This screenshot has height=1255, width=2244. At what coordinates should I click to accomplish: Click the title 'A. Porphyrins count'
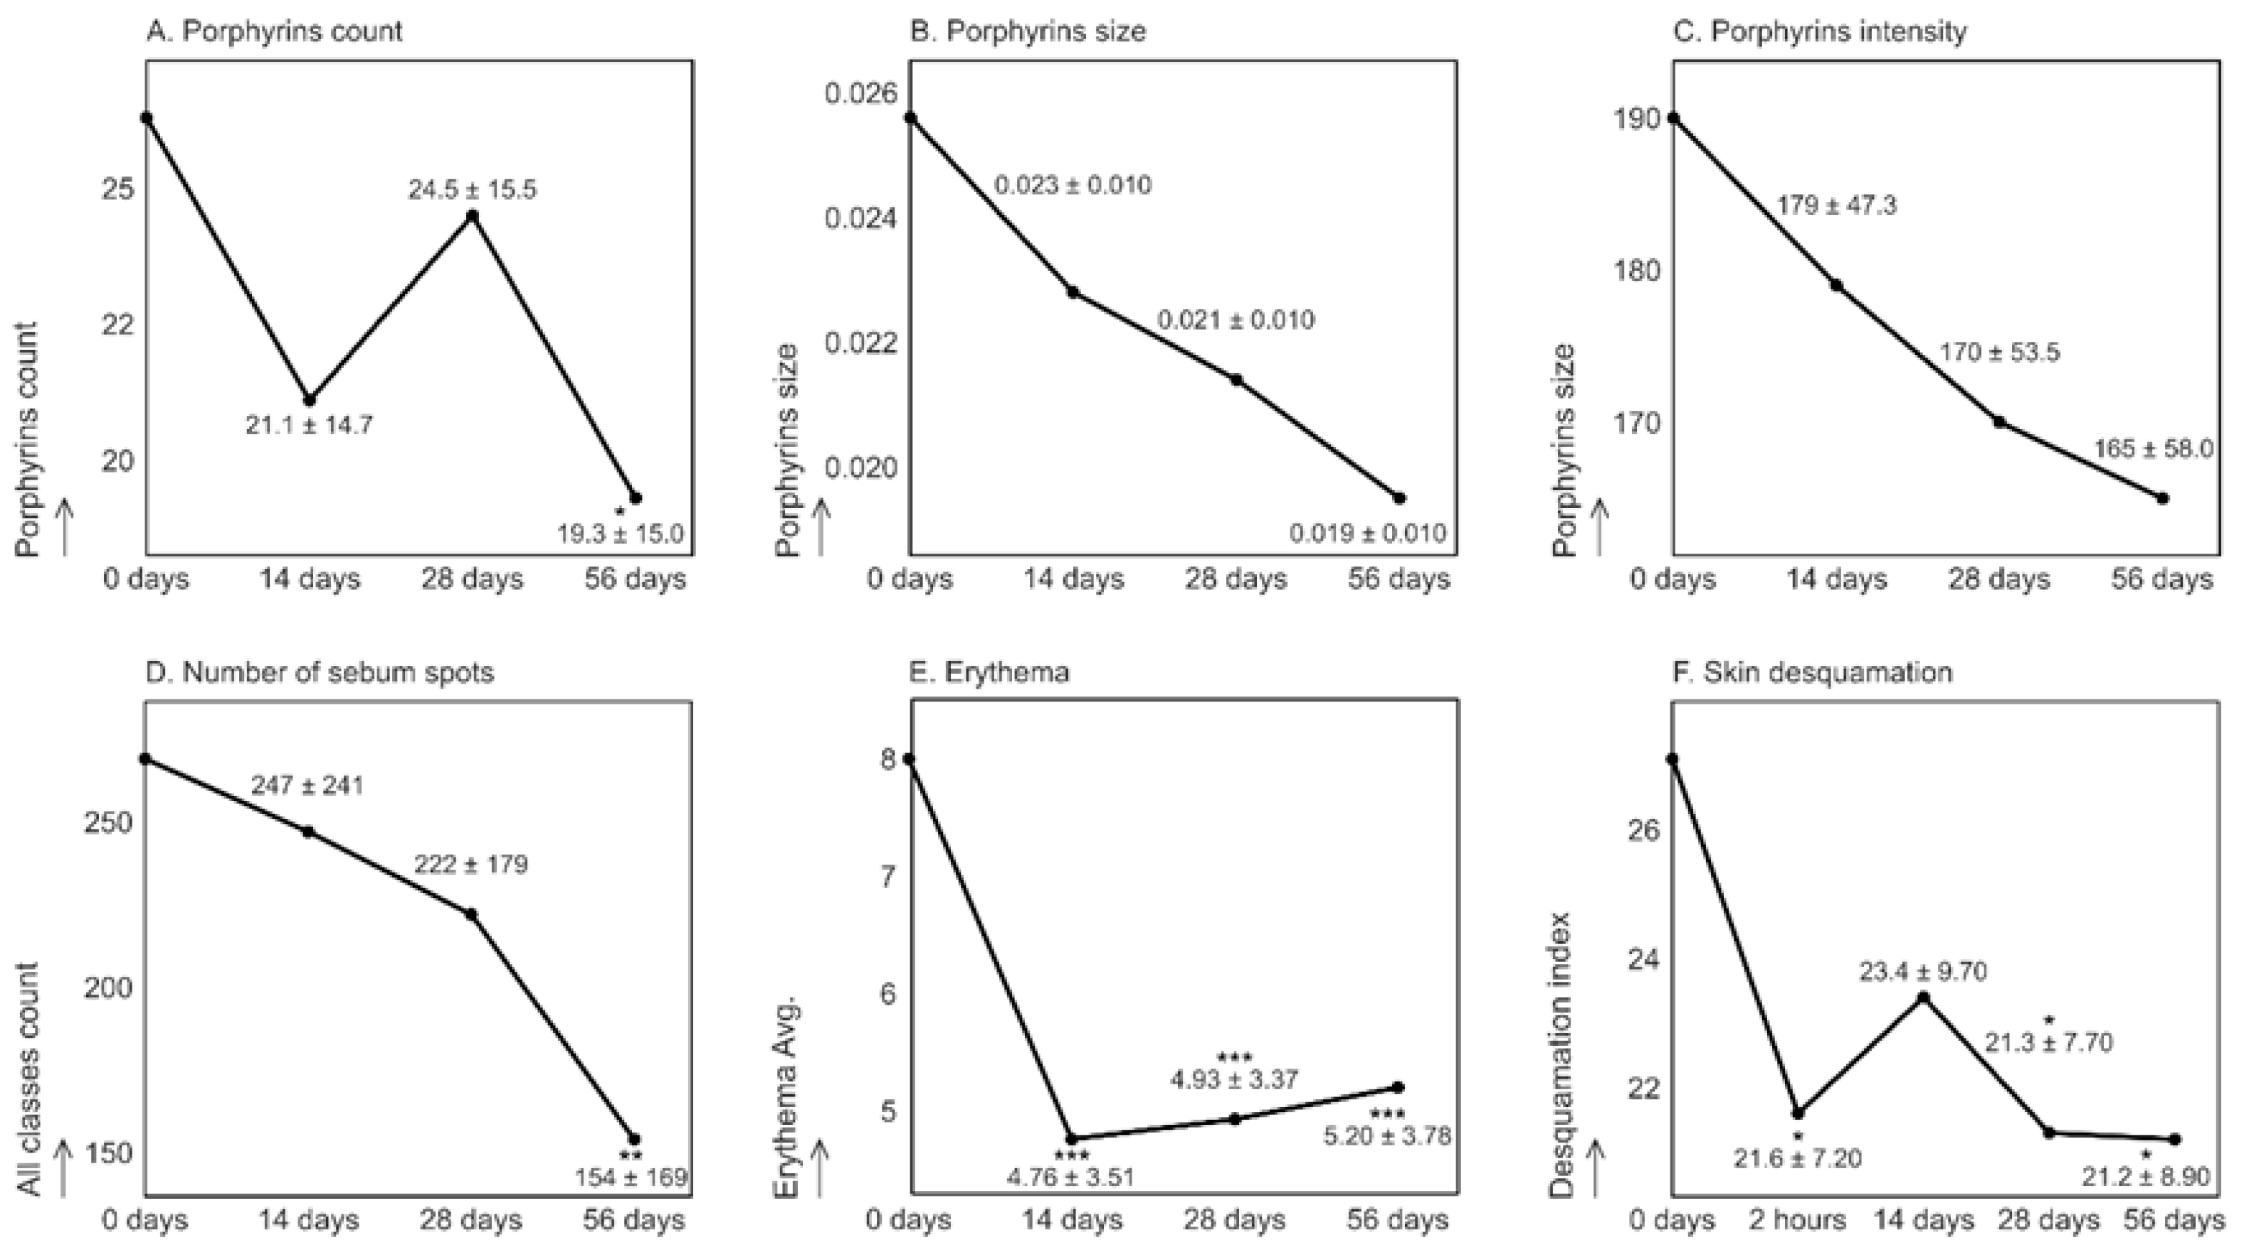point(275,31)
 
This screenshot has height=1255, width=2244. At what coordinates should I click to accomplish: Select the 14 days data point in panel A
point(310,400)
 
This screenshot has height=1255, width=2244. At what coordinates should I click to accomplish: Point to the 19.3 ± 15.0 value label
point(620,534)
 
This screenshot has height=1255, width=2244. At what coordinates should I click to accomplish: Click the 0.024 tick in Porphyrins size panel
point(860,218)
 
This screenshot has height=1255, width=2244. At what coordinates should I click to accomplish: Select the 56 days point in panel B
point(1399,498)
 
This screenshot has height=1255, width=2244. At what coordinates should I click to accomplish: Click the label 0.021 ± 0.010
point(1236,319)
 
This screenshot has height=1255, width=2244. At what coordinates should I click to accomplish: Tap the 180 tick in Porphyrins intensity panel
point(1637,271)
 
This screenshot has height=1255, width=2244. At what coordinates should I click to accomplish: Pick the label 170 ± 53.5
point(1999,353)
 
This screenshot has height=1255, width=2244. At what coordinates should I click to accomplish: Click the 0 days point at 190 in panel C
point(1673,118)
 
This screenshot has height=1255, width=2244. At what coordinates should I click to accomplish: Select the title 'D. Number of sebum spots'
point(320,672)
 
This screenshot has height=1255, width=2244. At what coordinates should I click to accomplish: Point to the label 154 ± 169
point(631,1177)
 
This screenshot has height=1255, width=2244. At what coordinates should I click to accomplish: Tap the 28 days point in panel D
point(471,914)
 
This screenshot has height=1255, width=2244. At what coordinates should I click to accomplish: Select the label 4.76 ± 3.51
point(1070,1177)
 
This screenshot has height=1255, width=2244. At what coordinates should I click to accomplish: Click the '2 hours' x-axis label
point(1797,1220)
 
